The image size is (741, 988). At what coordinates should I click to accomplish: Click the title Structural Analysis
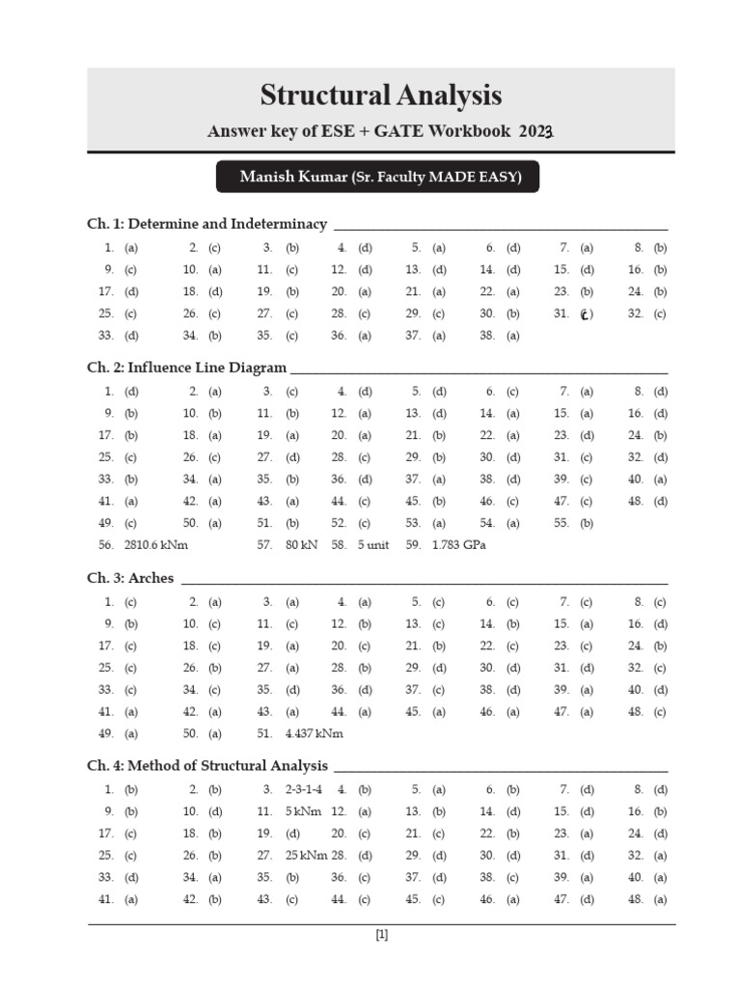[381, 96]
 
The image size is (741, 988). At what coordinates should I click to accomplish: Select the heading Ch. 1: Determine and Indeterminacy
[206, 224]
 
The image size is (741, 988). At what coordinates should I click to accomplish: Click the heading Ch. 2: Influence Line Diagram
[186, 368]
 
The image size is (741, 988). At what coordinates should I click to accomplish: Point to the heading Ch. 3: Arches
[130, 579]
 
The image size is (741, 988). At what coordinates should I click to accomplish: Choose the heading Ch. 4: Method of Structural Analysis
[207, 766]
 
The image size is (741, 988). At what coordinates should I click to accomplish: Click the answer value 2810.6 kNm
[156, 545]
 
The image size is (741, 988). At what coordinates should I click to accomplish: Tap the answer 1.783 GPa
[459, 545]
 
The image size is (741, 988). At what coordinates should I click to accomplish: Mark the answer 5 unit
[373, 545]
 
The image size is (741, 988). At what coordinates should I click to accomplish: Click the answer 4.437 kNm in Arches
[315, 733]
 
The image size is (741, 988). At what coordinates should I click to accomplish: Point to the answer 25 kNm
[307, 855]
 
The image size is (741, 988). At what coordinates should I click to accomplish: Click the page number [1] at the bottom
[381, 934]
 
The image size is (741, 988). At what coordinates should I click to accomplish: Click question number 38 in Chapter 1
[487, 336]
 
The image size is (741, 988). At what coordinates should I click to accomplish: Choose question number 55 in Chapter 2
[561, 523]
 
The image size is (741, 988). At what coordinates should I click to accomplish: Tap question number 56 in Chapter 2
[106, 545]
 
